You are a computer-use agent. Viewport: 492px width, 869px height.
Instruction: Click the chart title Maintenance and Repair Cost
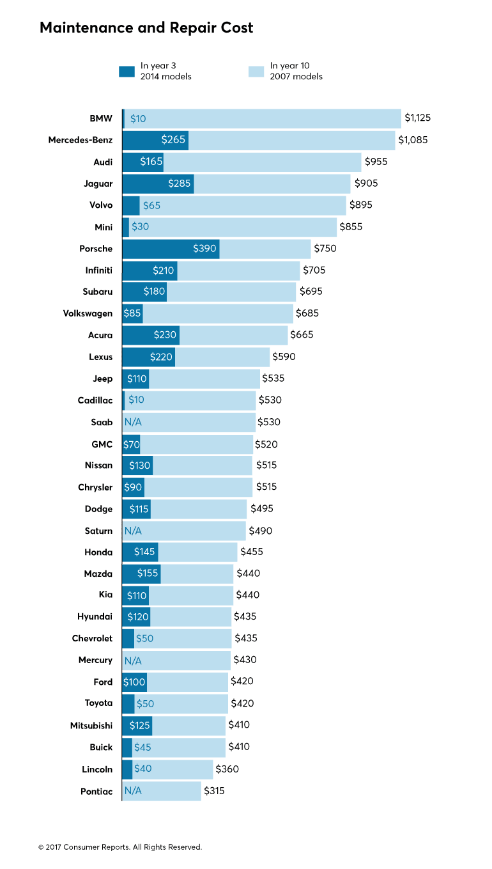tap(146, 28)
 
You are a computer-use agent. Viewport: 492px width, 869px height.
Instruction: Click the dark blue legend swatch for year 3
tap(127, 71)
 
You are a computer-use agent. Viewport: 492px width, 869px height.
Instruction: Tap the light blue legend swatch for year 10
tap(256, 71)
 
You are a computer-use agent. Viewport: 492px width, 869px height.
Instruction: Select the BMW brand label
tap(101, 119)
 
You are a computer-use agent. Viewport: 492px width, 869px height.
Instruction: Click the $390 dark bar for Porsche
tap(171, 249)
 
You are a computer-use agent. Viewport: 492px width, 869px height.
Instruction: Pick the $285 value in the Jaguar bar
tap(180, 184)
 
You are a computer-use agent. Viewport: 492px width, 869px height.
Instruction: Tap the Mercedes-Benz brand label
tap(81, 140)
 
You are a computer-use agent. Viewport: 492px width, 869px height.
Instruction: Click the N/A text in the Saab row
tap(133, 422)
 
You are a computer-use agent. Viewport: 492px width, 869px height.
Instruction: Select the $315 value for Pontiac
tap(214, 791)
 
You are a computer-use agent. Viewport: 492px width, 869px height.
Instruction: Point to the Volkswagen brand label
tap(88, 313)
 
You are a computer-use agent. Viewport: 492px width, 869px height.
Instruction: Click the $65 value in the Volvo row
tap(151, 205)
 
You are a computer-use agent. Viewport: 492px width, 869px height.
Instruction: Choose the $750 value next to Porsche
tap(325, 249)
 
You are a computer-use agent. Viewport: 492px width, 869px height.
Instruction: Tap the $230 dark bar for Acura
tap(151, 335)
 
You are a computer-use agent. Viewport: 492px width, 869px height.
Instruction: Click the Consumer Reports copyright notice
tap(120, 847)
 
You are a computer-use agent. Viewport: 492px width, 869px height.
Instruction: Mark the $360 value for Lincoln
tap(227, 769)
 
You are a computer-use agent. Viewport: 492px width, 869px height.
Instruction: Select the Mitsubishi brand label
tap(91, 726)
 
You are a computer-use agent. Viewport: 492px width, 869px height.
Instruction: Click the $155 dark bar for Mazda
tap(141, 574)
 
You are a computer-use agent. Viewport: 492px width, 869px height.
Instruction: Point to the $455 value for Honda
tap(251, 552)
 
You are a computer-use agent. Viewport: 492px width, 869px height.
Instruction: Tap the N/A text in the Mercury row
tap(133, 660)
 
